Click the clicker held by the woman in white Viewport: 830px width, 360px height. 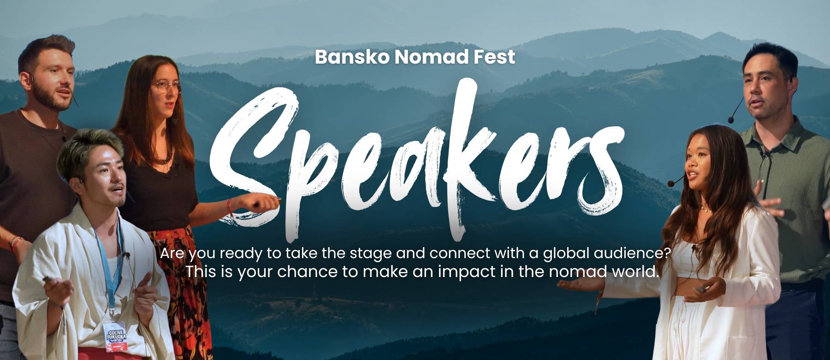[x=703, y=290]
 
